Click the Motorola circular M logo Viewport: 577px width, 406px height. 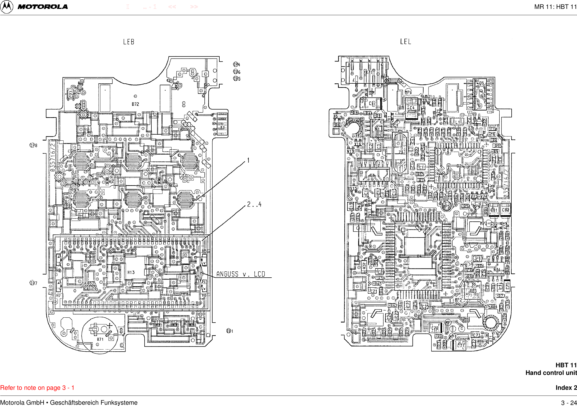7,7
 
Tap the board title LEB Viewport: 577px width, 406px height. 129,42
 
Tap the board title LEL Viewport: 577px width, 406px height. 405,42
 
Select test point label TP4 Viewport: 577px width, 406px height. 237,65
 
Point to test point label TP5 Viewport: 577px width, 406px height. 237,79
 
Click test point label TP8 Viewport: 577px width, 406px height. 34,145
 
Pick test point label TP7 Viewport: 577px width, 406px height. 34,283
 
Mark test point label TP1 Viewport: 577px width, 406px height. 230,331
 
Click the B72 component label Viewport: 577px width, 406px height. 135,104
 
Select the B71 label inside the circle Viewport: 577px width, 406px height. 100,339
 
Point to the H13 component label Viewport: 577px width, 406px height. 131,272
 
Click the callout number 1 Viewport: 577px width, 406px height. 248,161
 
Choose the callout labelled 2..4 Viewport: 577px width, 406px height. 254,204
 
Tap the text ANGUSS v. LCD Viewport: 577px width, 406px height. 241,274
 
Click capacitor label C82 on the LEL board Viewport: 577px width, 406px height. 506,210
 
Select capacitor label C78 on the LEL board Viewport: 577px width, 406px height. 435,328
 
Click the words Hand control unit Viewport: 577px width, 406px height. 551,373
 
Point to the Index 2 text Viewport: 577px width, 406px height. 566,388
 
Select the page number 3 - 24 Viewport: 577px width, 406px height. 569,403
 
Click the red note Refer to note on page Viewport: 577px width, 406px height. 37,388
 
